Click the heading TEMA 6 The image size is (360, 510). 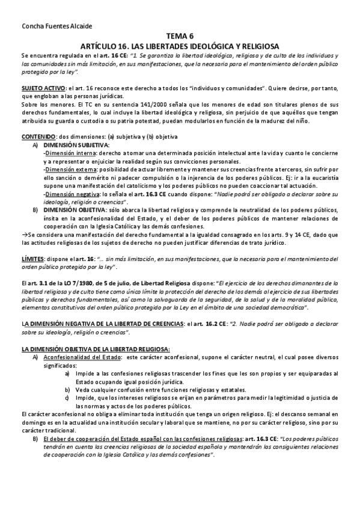pyautogui.click(x=180, y=36)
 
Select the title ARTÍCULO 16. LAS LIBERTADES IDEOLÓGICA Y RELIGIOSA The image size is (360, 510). pyautogui.click(x=180, y=45)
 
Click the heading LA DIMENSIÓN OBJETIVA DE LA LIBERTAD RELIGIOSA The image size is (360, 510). pyautogui.click(x=87, y=348)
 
